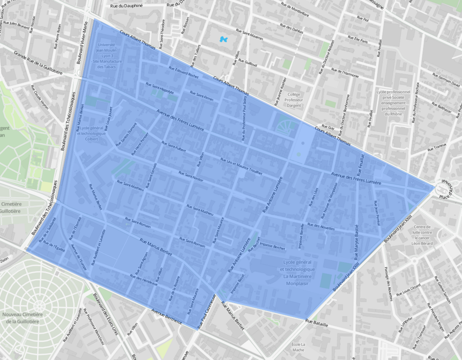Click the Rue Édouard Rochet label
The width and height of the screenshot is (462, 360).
pyautogui.click(x=183, y=73)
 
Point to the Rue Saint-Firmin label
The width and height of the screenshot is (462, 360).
pyautogui.click(x=201, y=95)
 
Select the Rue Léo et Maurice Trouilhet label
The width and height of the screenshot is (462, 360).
pyautogui.click(x=241, y=166)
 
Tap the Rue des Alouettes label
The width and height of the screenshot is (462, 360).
pyautogui.click(x=321, y=227)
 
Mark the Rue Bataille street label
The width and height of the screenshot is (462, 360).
pyautogui.click(x=317, y=323)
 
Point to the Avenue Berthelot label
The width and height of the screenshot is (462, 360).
pyautogui.click(x=167, y=317)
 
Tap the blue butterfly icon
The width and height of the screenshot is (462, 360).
pyautogui.click(x=223, y=39)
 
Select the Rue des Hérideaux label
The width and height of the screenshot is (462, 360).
pyautogui.click(x=143, y=280)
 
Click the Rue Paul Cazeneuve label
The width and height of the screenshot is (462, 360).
pyautogui.click(x=208, y=311)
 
